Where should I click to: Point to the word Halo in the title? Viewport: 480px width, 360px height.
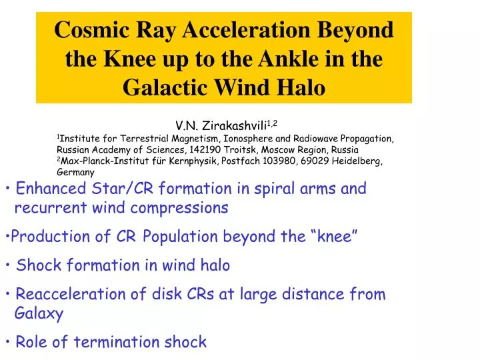301,87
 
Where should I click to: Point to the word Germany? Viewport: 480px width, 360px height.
75,172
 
